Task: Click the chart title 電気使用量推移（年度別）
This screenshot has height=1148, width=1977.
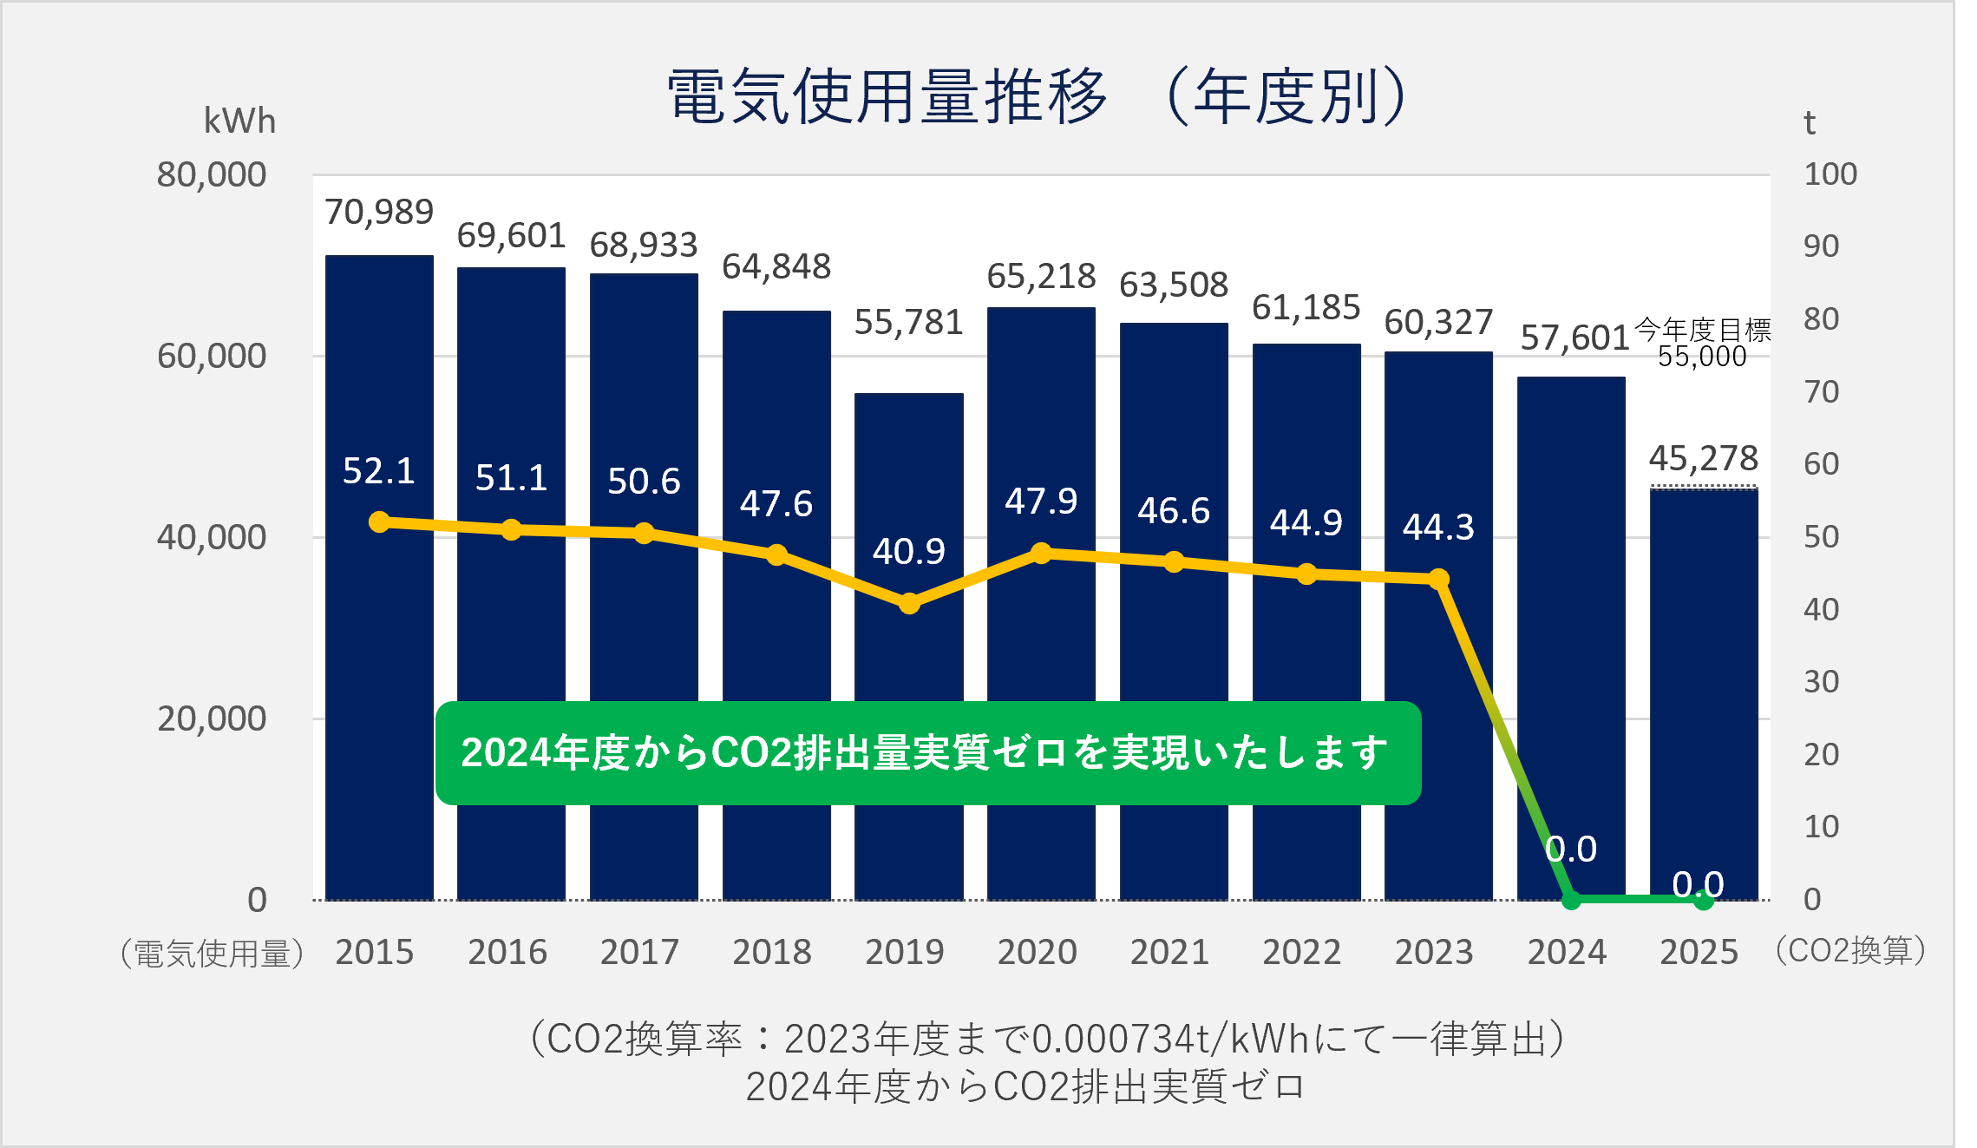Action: [x=1036, y=95]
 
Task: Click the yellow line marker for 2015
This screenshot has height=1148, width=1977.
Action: [x=379, y=522]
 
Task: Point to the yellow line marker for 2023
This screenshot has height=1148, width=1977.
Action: [x=1438, y=579]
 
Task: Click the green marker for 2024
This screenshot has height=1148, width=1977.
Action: [x=1570, y=900]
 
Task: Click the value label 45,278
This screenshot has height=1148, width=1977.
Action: [x=1703, y=459]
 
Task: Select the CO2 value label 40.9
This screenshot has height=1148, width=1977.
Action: [x=908, y=552]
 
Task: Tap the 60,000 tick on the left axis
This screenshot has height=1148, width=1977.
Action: [x=212, y=357]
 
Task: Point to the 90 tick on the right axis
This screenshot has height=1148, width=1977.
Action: [x=1821, y=247]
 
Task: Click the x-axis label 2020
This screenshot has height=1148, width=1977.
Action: [x=1037, y=953]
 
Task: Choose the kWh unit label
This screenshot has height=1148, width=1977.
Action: [x=239, y=121]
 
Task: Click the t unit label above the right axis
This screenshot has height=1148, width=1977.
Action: [x=1809, y=123]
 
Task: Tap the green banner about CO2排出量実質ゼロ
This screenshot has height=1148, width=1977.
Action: [x=927, y=752]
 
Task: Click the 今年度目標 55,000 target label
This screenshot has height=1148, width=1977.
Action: [x=1702, y=344]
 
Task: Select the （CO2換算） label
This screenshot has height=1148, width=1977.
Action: [x=1850, y=951]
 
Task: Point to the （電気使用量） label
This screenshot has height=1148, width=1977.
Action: [x=213, y=954]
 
